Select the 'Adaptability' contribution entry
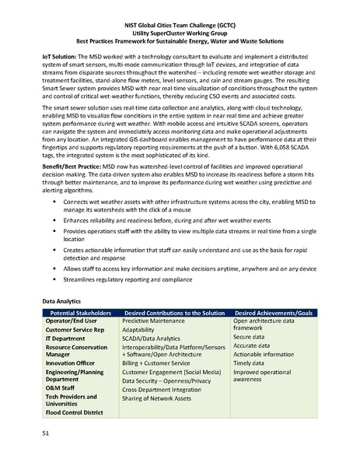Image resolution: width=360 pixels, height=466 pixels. [x=140, y=330]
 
